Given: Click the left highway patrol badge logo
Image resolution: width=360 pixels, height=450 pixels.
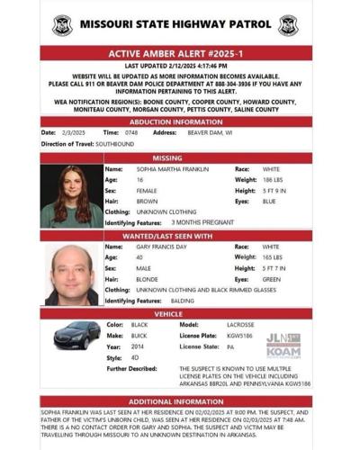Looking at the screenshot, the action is tap(62, 26).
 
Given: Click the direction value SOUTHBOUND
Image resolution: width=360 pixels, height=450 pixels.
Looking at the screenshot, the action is tap(115, 144).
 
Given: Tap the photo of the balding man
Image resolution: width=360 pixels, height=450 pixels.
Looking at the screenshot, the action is tap(71, 274).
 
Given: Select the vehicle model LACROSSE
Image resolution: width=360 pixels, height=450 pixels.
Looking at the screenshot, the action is tap(239, 324).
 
